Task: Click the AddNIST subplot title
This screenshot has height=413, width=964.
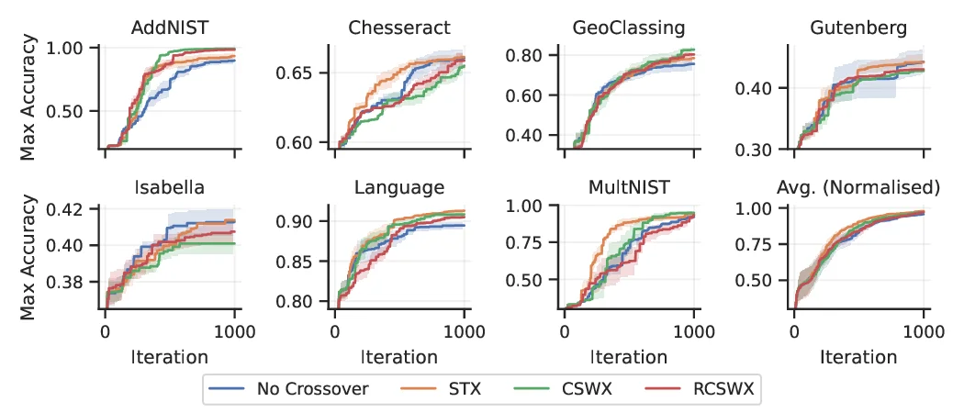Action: coord(169,28)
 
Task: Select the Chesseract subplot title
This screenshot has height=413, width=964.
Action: coord(398,28)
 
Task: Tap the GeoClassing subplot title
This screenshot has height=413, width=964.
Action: coord(628,28)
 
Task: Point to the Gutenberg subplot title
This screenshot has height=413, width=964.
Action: coord(858,28)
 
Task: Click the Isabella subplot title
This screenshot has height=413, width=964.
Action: coord(169,188)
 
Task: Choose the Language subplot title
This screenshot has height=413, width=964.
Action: coord(398,188)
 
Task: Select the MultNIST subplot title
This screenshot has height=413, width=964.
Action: coord(628,188)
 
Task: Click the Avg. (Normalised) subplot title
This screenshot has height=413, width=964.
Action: coord(858,188)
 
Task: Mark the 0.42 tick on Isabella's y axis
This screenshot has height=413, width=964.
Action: coord(73,209)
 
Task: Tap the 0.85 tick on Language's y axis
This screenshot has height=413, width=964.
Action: coord(303,262)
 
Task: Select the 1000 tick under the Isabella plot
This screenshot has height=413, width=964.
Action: coord(234,330)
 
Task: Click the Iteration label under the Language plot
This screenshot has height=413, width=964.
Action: coord(398,356)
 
